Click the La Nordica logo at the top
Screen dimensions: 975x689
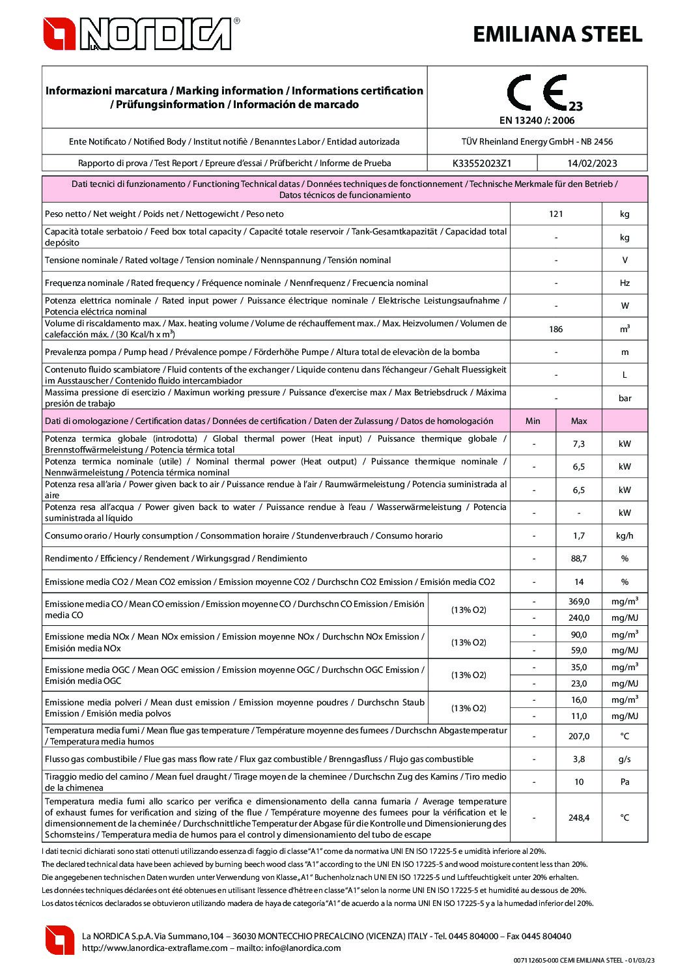[x=141, y=34]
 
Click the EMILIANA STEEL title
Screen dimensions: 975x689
[x=557, y=35]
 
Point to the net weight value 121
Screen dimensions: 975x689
[x=555, y=214]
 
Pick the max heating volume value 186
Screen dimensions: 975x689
[x=555, y=329]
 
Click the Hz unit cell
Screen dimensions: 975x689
[x=625, y=283]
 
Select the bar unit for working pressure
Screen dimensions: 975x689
[x=625, y=398]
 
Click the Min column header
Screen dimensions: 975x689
[x=533, y=421]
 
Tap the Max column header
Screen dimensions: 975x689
[x=578, y=421]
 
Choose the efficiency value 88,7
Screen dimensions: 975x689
[x=578, y=559]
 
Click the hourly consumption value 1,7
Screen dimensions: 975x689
[x=578, y=536]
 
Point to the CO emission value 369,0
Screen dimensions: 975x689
[x=578, y=601]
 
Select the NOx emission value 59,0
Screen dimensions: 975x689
[x=578, y=650]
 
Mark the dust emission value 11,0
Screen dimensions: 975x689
[x=578, y=716]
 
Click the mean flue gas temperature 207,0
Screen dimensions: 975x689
[x=578, y=736]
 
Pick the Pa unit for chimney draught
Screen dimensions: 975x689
[x=625, y=782]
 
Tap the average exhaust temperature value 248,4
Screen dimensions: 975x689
[x=578, y=818]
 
